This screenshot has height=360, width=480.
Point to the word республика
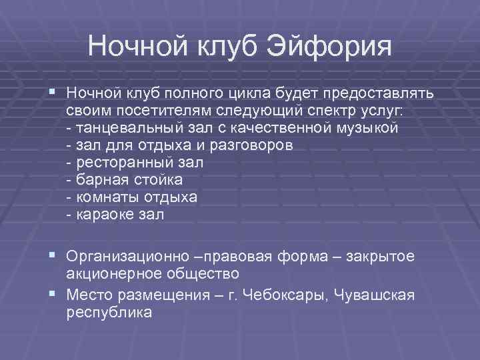tap(109, 311)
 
